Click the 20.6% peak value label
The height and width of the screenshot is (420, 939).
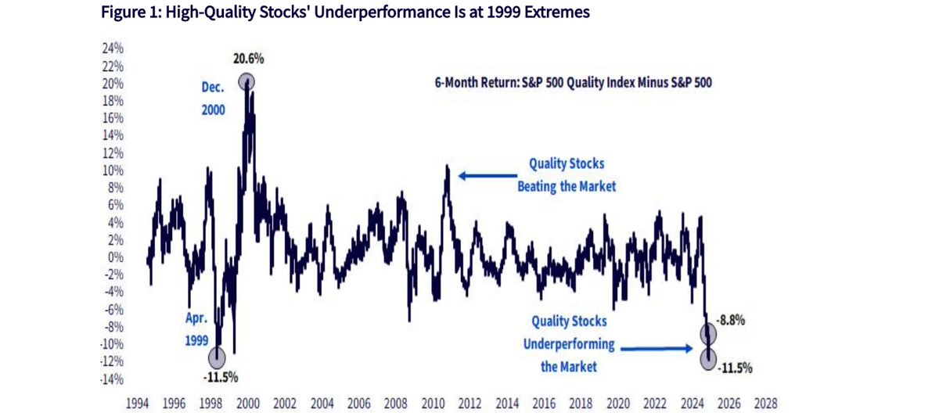click(249, 59)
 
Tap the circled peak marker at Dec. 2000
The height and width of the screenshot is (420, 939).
click(246, 82)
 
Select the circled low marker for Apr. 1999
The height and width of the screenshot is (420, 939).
click(217, 358)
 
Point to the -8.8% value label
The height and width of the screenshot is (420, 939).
click(730, 321)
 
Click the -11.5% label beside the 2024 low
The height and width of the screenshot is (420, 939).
click(735, 368)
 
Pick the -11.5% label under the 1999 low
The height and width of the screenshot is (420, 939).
click(221, 378)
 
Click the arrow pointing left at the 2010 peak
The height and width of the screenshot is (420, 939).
click(487, 176)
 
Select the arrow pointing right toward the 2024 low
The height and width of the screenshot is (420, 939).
click(657, 348)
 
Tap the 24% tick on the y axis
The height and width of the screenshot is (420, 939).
click(113, 48)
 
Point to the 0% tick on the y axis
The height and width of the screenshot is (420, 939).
click(116, 257)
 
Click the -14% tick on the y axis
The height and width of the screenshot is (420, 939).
click(111, 380)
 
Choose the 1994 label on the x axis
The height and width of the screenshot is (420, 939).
click(138, 404)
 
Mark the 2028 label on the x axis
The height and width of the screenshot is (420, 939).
click(766, 404)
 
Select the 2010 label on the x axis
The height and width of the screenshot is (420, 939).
click(433, 404)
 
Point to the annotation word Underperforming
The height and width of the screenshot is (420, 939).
click(569, 345)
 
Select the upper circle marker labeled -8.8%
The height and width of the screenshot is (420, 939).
click(708, 334)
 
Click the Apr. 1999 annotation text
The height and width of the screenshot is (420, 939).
click(196, 329)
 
